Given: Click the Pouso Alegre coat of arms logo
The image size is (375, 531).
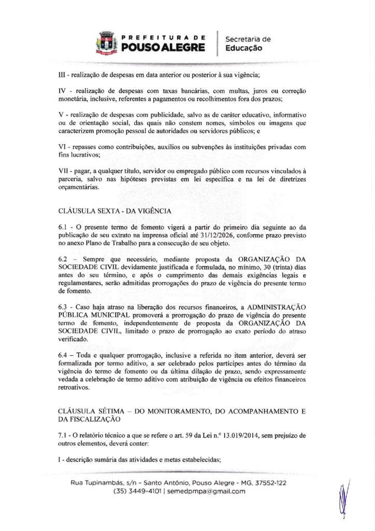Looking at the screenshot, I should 106,43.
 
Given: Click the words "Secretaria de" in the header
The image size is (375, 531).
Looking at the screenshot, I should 248,39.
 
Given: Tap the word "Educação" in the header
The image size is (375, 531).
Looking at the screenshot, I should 244,48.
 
